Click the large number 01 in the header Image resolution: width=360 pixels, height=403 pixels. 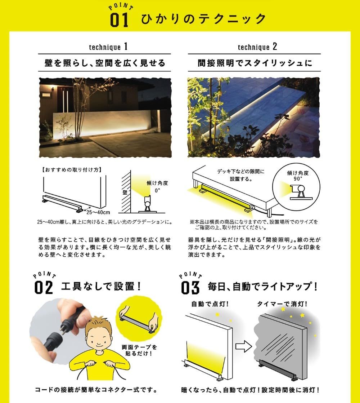[x=119, y=20]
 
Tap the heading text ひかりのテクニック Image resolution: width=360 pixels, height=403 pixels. [x=204, y=19]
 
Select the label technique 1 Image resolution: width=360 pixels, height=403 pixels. [x=108, y=47]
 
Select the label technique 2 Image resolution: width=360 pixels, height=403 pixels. [x=257, y=47]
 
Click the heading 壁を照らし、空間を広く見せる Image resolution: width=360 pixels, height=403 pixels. [x=104, y=63]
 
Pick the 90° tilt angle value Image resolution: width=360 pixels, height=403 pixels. [x=297, y=178]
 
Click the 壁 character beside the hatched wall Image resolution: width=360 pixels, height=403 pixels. [x=125, y=193]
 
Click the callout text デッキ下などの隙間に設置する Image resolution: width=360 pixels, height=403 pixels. [x=240, y=175]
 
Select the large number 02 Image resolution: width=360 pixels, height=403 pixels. [x=44, y=287]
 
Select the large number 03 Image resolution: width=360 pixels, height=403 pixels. [x=190, y=287]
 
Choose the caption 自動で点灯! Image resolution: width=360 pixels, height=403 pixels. [x=206, y=304]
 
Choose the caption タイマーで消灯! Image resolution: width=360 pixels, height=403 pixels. [x=282, y=304]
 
